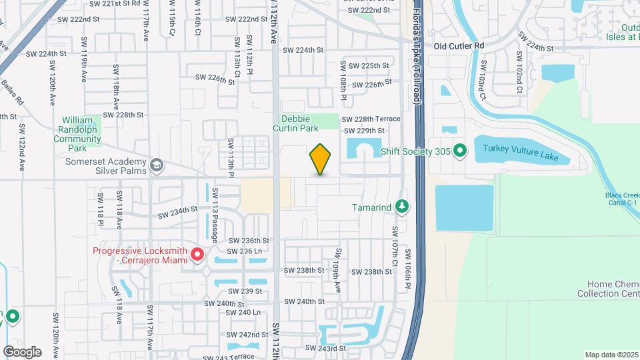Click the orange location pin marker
(x=321, y=159)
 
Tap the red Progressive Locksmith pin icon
(x=197, y=255)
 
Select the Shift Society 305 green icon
(x=459, y=151)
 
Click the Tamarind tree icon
(x=401, y=207)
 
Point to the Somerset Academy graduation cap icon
(x=157, y=165)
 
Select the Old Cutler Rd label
(x=459, y=46)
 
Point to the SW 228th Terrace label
(x=371, y=119)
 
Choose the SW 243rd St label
(x=325, y=348)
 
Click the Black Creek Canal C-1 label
(x=622, y=199)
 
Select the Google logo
(x=22, y=351)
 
